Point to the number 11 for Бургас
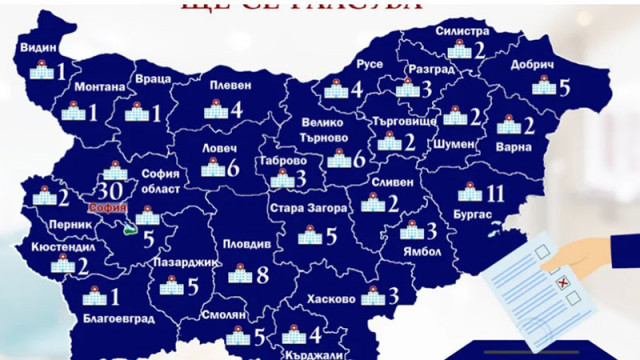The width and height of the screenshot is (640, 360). (x=496, y=192)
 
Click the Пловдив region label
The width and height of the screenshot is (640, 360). (x=239, y=244)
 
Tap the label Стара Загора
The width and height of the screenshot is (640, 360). (x=308, y=209)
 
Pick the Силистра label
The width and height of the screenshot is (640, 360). (x=462, y=31)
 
